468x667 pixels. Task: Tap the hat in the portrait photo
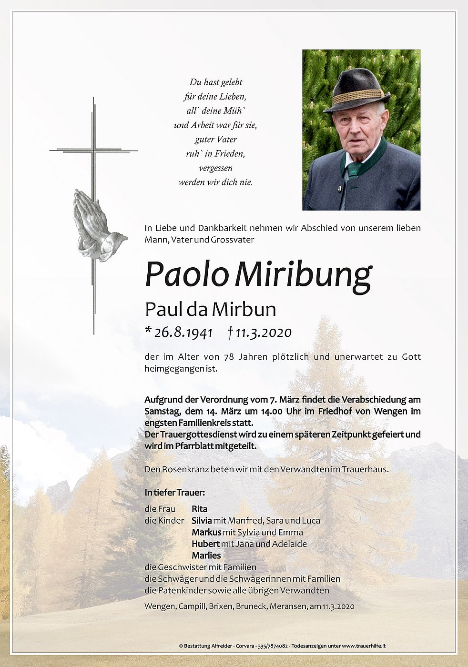click(x=356, y=91)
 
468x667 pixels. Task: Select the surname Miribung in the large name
click(x=303, y=275)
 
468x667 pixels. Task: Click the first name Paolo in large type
click(x=186, y=275)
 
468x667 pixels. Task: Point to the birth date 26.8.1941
click(x=183, y=333)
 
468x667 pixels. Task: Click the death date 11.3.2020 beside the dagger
click(x=264, y=333)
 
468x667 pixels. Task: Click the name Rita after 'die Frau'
click(x=200, y=509)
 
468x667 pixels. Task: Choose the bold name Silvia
click(x=202, y=521)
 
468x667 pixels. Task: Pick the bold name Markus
click(x=206, y=532)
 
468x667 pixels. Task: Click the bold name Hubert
click(x=205, y=544)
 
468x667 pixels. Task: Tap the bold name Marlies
click(x=206, y=556)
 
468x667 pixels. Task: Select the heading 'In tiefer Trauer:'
click(x=174, y=493)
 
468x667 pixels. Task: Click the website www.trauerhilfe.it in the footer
click(x=364, y=646)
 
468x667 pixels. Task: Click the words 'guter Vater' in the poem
click(x=215, y=140)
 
